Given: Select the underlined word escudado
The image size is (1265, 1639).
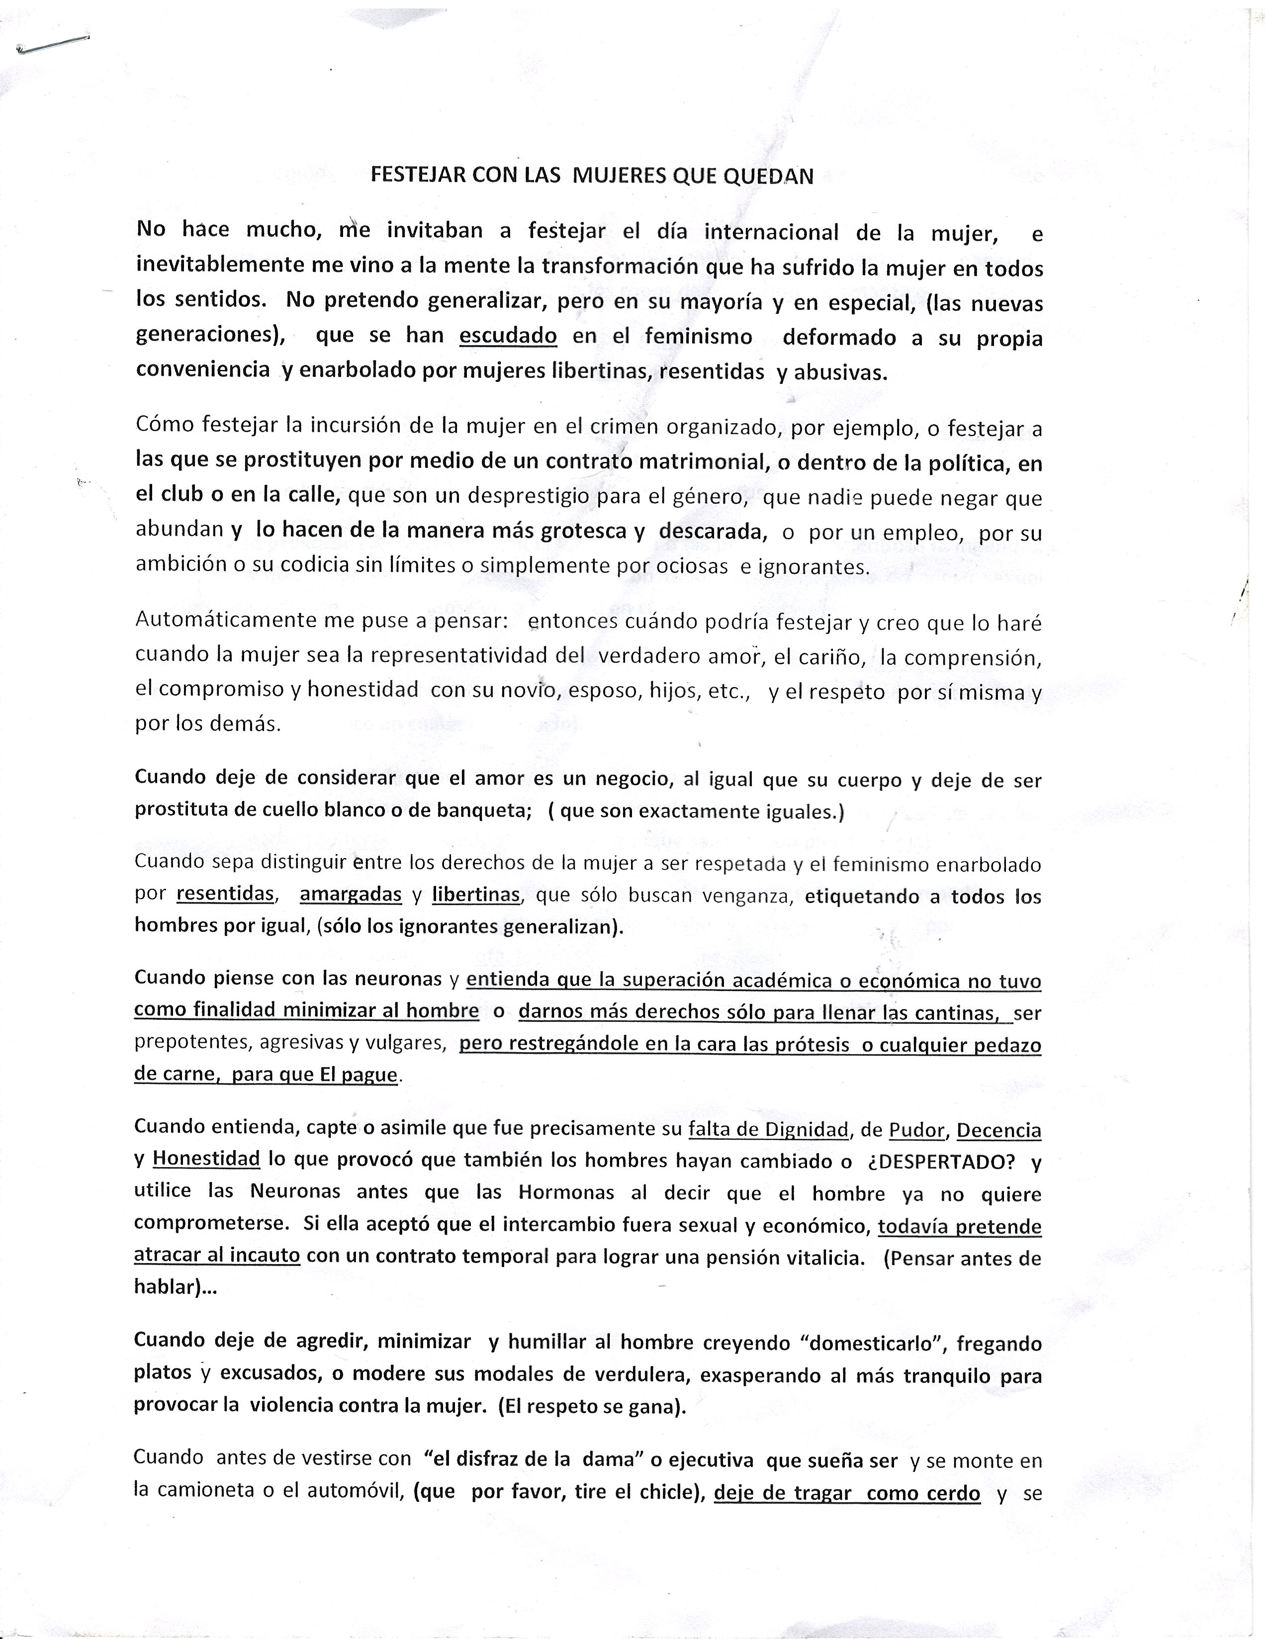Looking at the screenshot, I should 508,336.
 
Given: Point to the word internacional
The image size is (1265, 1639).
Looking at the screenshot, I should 771,232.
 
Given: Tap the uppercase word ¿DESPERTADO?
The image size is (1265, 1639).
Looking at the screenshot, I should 941,1162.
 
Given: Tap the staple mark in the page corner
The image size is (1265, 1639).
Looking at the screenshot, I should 51,45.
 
